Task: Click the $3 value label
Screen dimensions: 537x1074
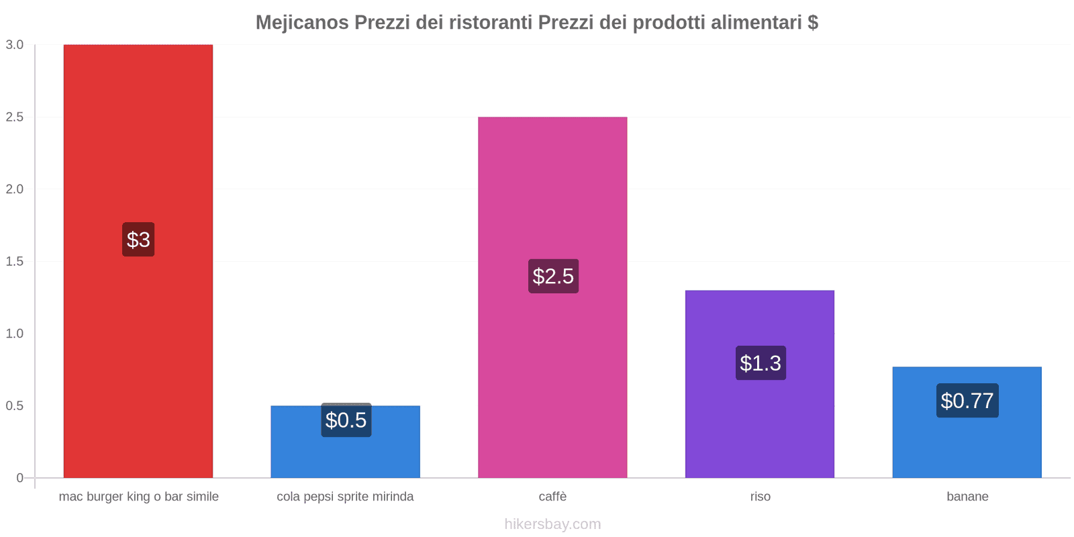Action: (138, 240)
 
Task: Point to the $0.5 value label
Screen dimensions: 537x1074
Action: (346, 420)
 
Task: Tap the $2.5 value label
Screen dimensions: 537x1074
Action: (553, 276)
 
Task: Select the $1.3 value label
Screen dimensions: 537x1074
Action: (761, 363)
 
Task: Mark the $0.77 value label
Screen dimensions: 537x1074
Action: (967, 401)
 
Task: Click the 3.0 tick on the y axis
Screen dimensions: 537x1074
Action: (15, 45)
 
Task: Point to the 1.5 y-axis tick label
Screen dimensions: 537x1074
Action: (15, 262)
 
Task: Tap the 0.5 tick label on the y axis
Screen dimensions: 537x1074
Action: (15, 406)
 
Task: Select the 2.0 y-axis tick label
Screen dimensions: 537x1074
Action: (15, 189)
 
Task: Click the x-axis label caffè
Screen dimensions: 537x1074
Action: (552, 497)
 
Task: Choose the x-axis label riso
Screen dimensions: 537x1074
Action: (760, 497)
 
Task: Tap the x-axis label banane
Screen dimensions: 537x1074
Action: (967, 497)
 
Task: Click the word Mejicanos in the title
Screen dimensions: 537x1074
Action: (302, 23)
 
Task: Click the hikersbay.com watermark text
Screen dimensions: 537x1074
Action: (552, 524)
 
